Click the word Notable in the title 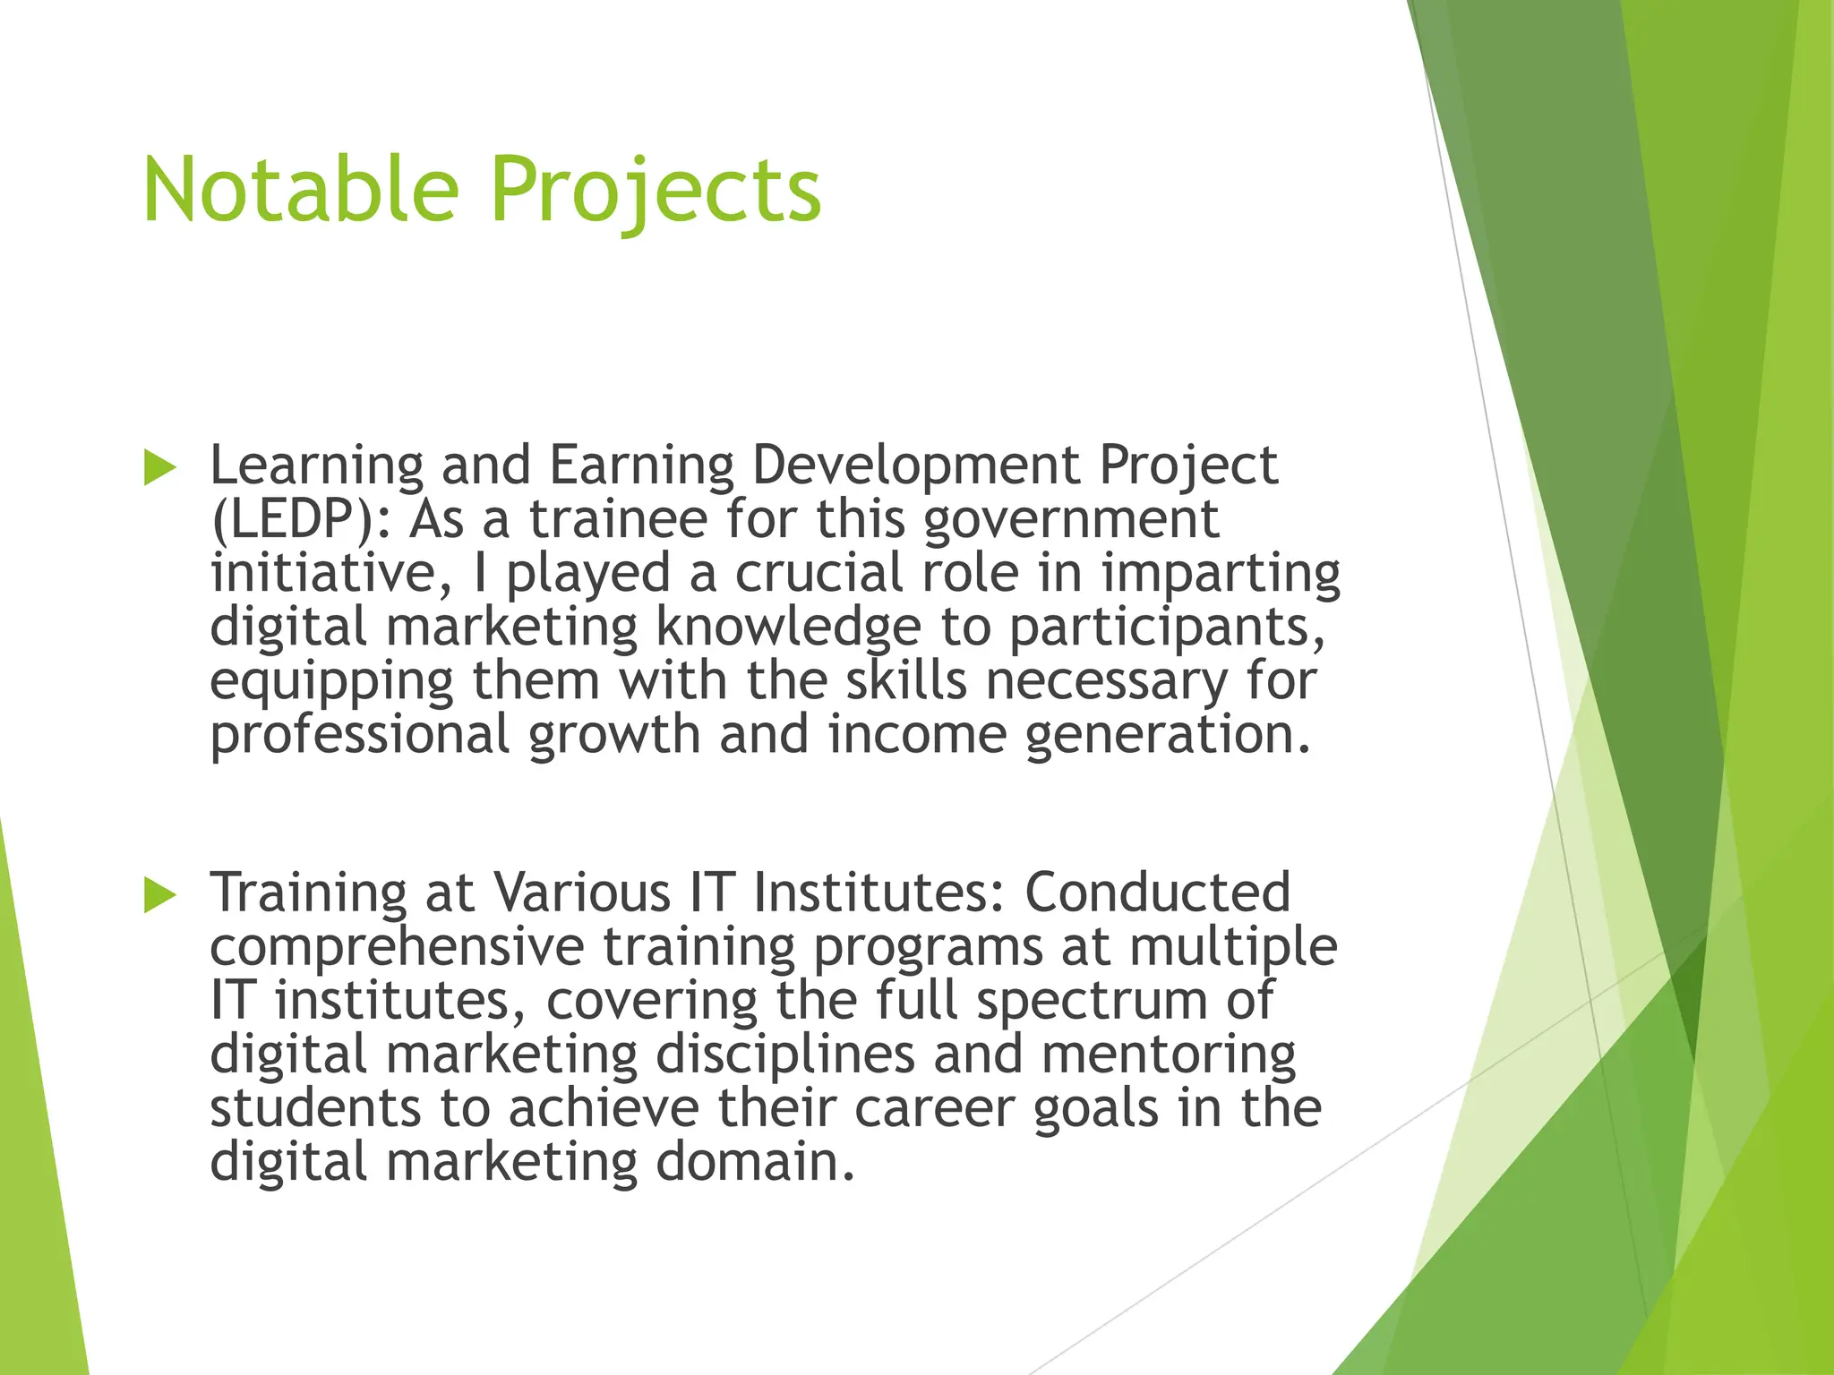(x=300, y=190)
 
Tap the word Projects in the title (x=656, y=190)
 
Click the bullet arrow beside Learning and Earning (x=159, y=468)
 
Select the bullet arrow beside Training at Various (x=159, y=895)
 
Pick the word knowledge (x=788, y=628)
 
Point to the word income (x=917, y=734)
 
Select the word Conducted (x=1157, y=892)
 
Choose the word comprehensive (x=397, y=947)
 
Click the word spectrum (x=1092, y=1002)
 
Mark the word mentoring (x=1169, y=1055)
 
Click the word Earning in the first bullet (x=641, y=466)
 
